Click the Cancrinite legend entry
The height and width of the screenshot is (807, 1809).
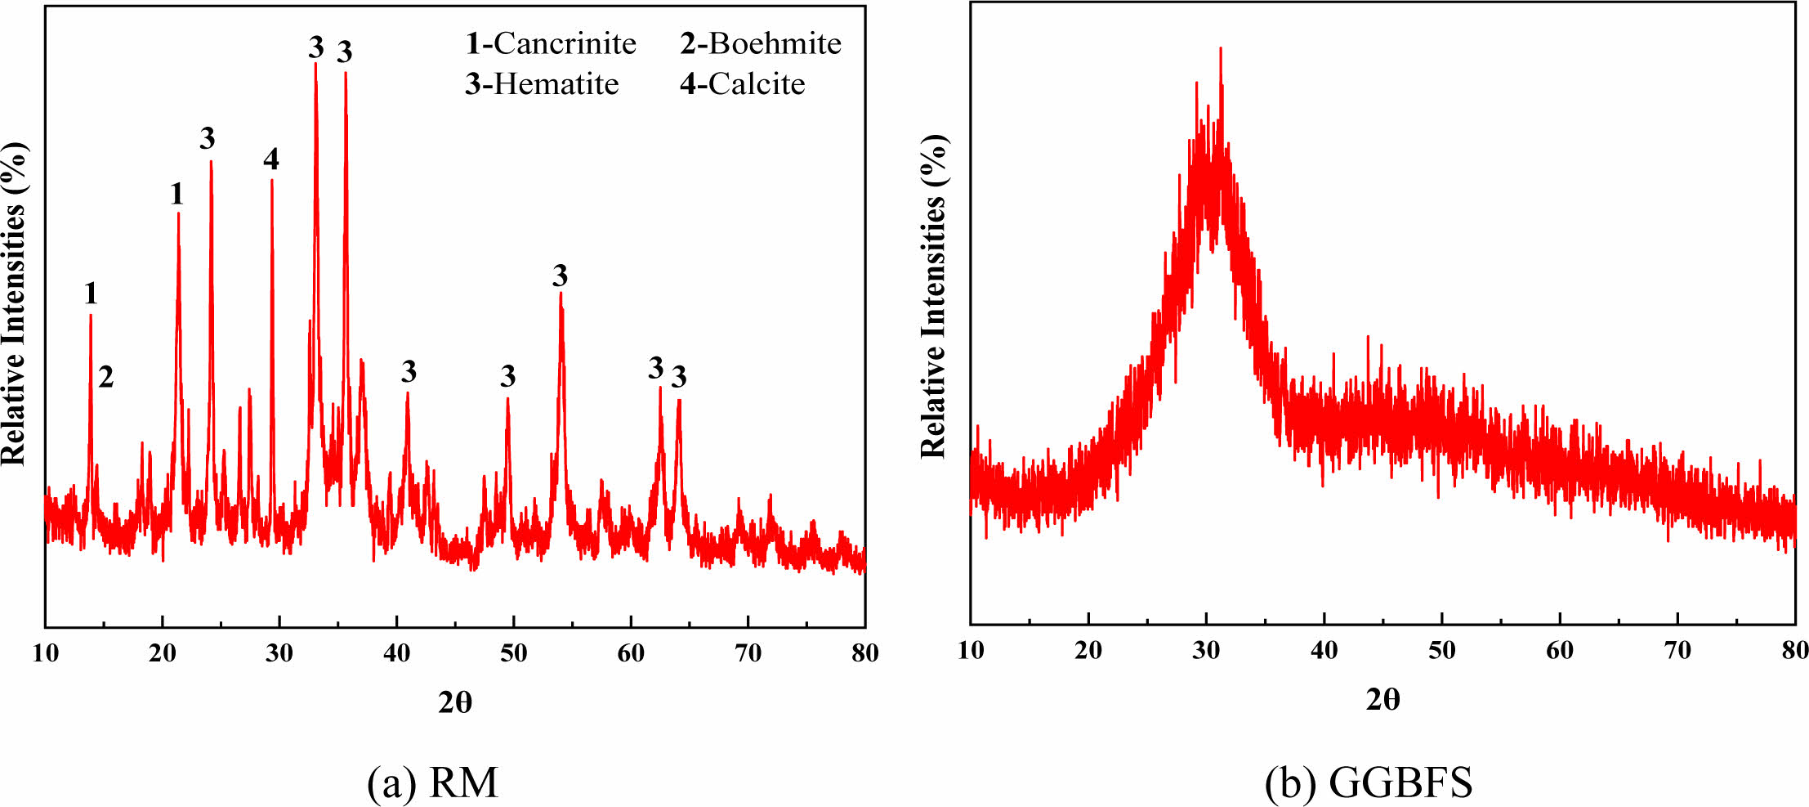pos(551,43)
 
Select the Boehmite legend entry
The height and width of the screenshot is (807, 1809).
pos(761,43)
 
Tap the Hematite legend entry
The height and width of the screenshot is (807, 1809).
pos(542,84)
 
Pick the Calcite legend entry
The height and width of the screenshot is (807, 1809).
pos(743,84)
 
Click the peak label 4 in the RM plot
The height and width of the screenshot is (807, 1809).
pos(271,159)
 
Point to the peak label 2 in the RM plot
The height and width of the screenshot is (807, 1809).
pos(105,377)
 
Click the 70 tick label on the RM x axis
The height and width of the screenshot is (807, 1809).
pos(748,652)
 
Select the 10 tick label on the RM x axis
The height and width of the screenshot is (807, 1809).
pos(46,652)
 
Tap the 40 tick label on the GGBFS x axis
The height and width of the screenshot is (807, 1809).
pos(1324,650)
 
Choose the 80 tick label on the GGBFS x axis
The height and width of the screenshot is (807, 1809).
pos(1794,650)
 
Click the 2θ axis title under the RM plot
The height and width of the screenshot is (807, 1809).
pos(455,702)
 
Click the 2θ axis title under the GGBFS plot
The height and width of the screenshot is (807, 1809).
pos(1382,700)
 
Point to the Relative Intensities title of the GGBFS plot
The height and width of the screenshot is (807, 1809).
pos(933,296)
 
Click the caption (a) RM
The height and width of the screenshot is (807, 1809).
pos(432,782)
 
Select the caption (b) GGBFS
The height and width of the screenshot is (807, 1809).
pos(1369,782)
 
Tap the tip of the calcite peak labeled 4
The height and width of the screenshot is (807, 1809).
pos(272,180)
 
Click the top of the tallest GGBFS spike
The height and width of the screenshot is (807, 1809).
pos(1220,48)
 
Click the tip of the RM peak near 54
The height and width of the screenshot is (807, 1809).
pos(561,293)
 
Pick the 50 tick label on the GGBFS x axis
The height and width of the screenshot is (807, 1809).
pos(1441,650)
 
